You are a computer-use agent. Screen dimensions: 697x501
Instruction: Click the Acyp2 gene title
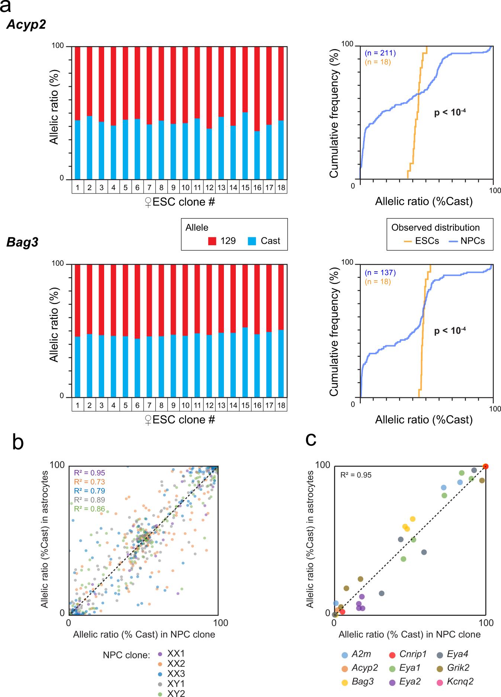point(26,25)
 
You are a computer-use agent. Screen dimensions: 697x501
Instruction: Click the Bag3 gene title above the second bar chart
point(22,242)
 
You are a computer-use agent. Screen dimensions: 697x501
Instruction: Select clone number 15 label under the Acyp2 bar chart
point(245,188)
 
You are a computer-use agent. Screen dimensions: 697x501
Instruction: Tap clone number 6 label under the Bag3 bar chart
point(137,405)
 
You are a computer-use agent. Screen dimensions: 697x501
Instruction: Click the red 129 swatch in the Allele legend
point(212,241)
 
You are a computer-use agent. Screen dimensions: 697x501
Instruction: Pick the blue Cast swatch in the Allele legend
point(252,241)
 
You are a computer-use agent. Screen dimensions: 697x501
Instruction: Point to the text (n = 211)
point(380,53)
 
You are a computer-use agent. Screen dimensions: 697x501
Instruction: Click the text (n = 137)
point(380,272)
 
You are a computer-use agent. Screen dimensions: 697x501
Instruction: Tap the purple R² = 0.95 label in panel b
point(89,473)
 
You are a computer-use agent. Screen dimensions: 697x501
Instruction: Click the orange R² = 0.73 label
point(89,482)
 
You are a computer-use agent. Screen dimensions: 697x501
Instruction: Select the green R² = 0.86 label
point(89,509)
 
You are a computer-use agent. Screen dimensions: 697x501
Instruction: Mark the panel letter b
point(18,442)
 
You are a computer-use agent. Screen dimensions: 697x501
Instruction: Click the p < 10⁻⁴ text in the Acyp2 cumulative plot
point(450,112)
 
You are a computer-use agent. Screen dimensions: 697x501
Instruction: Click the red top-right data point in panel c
point(485,466)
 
